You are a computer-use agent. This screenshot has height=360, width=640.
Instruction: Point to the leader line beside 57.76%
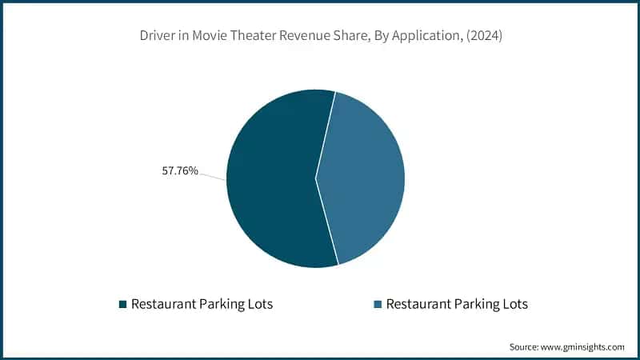pos(212,176)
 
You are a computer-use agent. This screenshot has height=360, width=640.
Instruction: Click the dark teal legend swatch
pos(122,304)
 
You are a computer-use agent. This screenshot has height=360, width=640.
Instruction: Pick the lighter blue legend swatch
pos(377,304)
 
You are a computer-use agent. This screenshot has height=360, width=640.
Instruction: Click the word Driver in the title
pos(154,37)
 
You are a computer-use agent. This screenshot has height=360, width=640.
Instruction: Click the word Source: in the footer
pos(526,346)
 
